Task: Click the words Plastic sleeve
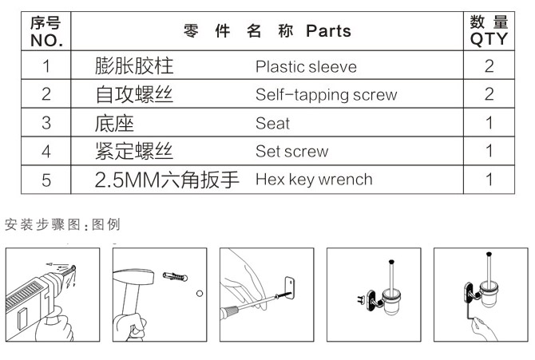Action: pos(306,67)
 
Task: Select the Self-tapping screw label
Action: pos(326,95)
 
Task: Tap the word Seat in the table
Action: pos(272,124)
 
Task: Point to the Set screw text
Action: pos(291,152)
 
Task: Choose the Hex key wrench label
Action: pos(314,179)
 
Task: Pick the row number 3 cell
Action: pos(46,124)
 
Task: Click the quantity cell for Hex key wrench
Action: pos(489,179)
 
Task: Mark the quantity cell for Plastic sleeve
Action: pos(489,67)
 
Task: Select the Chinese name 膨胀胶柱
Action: pos(134,67)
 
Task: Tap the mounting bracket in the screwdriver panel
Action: pos(291,285)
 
